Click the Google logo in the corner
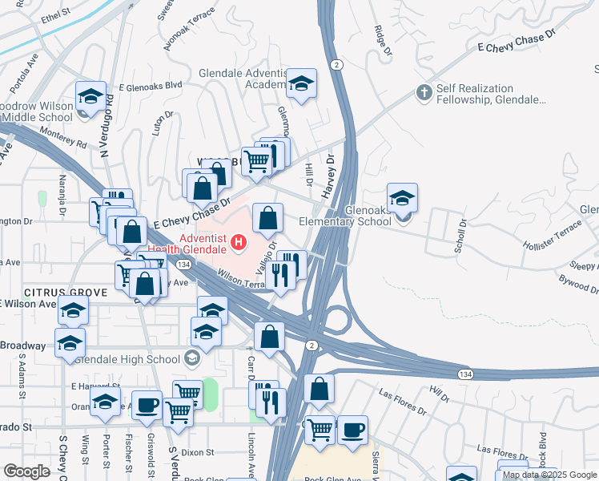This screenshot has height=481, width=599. tap(26, 471)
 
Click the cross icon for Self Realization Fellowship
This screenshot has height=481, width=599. tap(424, 92)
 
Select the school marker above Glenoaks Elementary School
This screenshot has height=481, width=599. tap(402, 197)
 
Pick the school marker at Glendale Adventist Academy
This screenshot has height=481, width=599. tap(301, 83)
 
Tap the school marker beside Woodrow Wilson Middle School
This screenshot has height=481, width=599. tap(90, 97)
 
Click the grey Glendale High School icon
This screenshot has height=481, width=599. tap(192, 358)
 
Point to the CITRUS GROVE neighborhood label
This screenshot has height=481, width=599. tap(54, 293)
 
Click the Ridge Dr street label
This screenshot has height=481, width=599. tap(383, 41)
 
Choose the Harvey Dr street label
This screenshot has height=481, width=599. tap(328, 172)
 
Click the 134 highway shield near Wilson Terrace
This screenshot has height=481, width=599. tap(183, 265)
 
